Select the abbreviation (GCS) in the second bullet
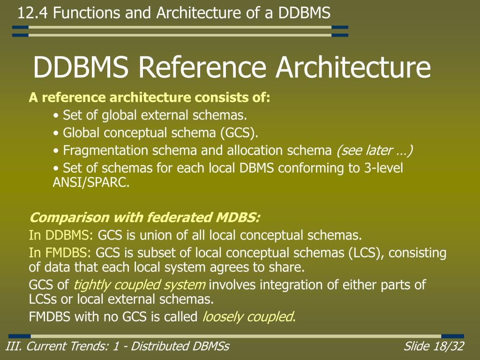click(x=239, y=133)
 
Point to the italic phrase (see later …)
click(x=375, y=151)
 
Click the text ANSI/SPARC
click(x=91, y=183)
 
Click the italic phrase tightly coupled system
click(x=140, y=285)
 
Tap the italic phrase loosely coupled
click(x=247, y=317)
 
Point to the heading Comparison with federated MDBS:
click(x=144, y=218)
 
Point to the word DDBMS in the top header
click(x=304, y=13)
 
